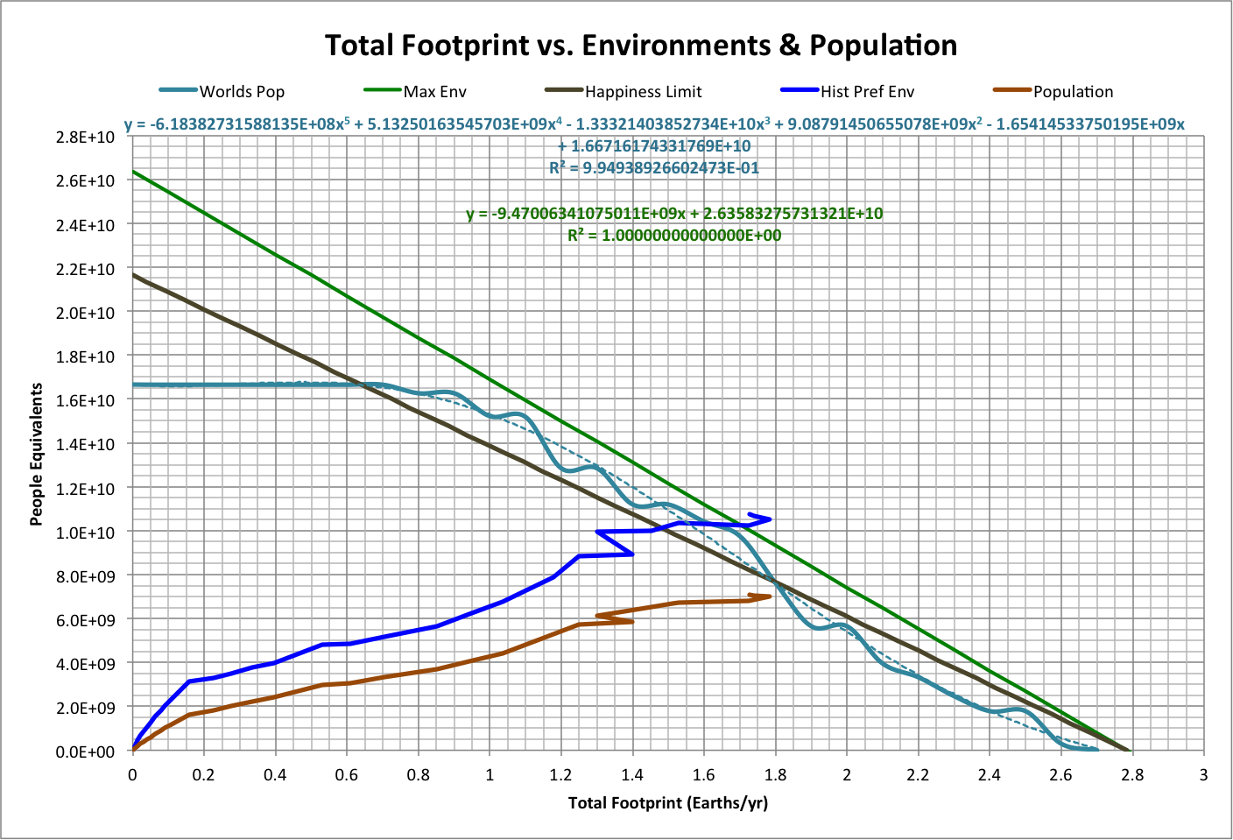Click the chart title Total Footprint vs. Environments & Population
(640, 45)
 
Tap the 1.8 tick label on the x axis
(775, 775)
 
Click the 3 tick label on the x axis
(1204, 775)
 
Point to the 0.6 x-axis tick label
(347, 775)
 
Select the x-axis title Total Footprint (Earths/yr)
(667, 803)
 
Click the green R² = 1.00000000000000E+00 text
(674, 236)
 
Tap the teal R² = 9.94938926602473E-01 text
(654, 167)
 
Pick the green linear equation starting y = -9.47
(674, 214)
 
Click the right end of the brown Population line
(770, 596)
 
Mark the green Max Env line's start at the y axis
(133, 171)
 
